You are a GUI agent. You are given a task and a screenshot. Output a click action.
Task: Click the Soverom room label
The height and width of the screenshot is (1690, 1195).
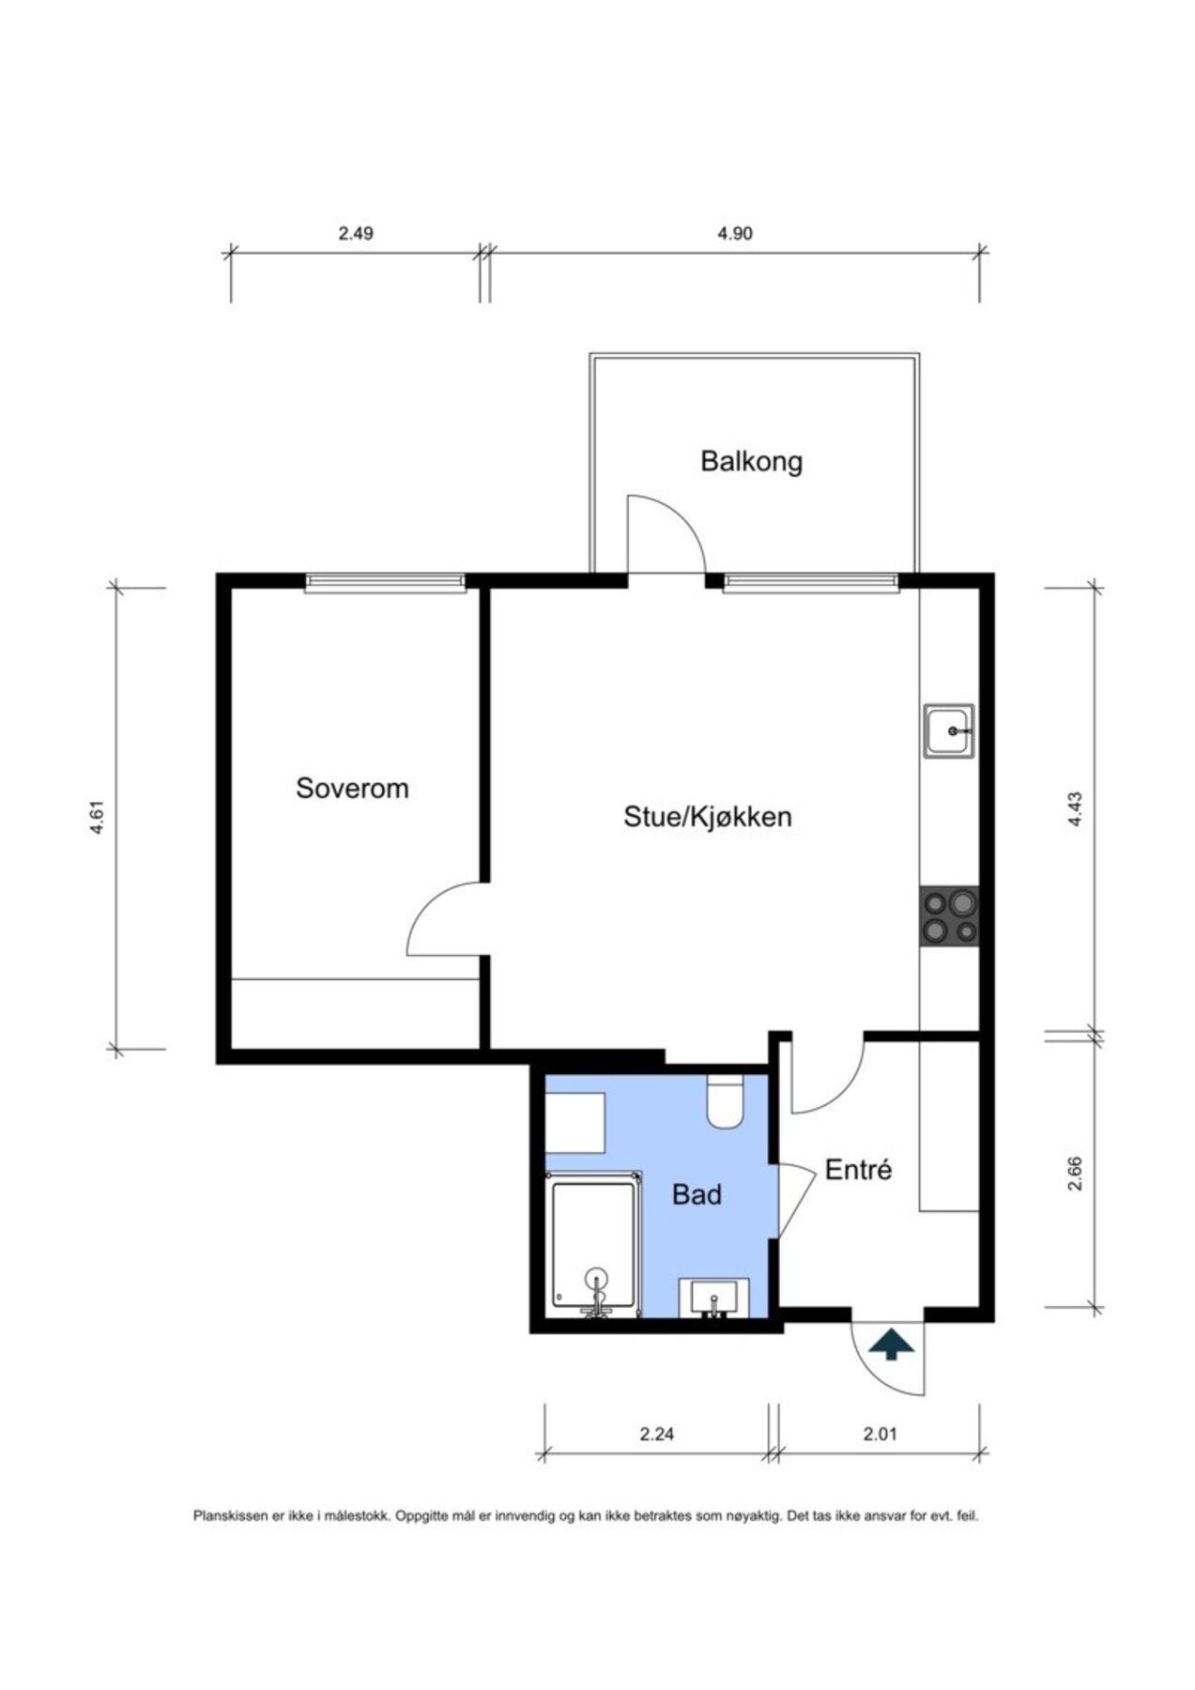352,788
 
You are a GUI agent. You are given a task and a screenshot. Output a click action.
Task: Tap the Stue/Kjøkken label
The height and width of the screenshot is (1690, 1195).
707,817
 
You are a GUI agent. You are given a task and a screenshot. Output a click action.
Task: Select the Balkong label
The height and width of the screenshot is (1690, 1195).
751,461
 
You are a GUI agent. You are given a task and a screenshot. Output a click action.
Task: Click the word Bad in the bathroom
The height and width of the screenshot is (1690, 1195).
697,1194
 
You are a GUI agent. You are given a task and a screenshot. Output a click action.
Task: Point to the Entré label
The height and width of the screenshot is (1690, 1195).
857,1170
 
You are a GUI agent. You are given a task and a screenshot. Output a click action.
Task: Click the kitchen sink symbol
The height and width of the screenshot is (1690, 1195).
948,730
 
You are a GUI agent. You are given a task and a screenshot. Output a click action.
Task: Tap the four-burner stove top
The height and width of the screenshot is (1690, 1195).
949,916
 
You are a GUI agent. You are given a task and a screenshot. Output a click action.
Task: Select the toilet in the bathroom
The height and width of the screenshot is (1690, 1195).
725,1100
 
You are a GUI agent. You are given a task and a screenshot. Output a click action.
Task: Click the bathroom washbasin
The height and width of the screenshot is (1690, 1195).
714,1299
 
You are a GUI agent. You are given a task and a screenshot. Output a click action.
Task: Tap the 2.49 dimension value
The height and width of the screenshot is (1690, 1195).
356,233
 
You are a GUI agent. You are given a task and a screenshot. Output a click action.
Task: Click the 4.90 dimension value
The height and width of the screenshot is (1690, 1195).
734,233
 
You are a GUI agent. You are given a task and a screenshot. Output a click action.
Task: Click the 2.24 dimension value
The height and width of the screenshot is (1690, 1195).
657,1434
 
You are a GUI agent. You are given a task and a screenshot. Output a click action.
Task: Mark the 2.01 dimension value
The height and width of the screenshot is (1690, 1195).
880,1434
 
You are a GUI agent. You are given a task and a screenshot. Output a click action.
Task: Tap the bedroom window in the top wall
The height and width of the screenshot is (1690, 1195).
385,583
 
